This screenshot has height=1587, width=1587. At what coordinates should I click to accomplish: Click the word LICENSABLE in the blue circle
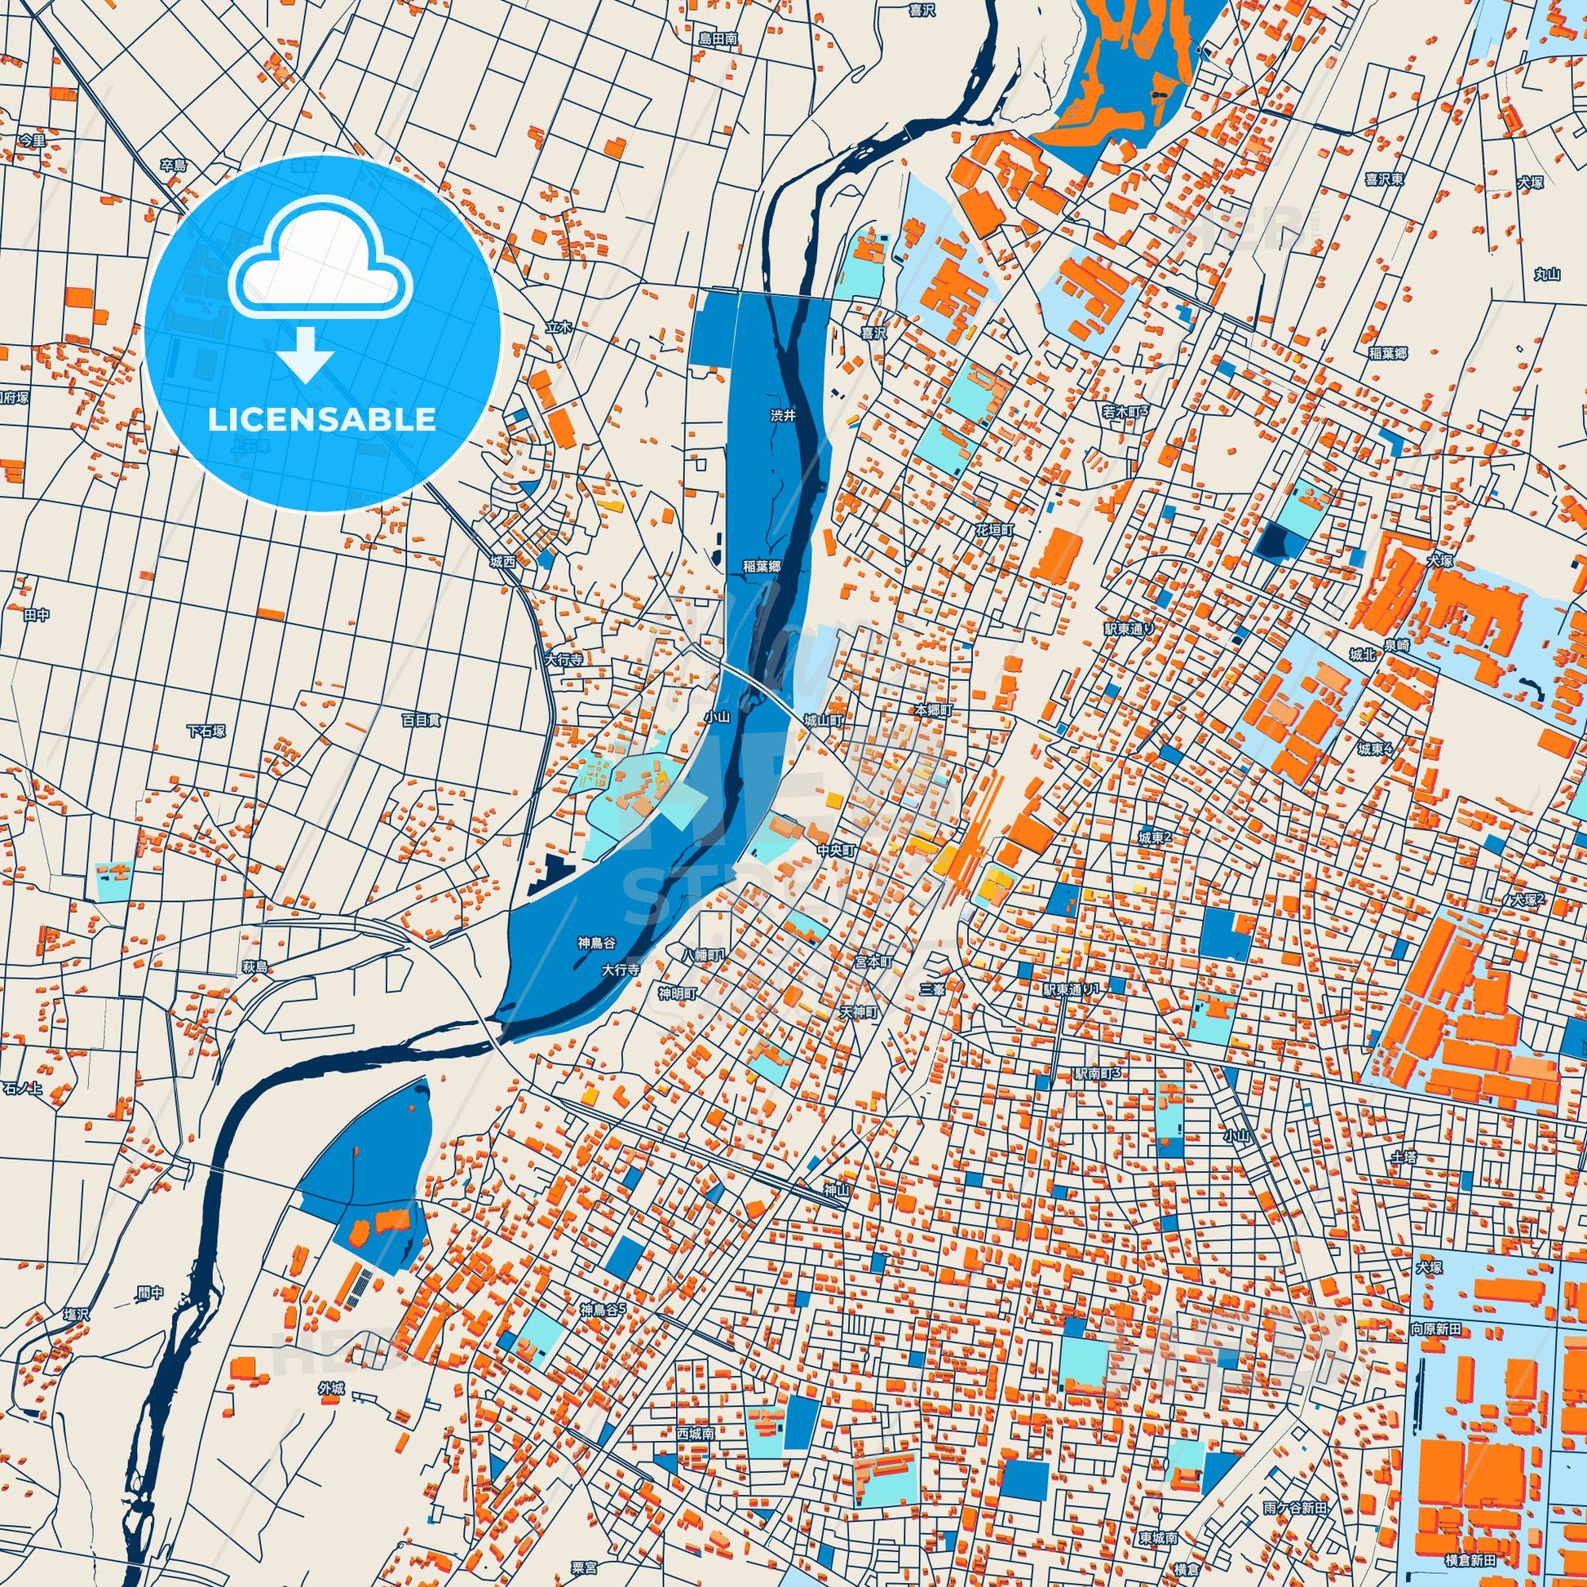click(x=321, y=420)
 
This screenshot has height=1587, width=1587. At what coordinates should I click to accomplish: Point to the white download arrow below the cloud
click(x=305, y=354)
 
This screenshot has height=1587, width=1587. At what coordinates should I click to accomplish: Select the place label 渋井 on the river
click(x=783, y=417)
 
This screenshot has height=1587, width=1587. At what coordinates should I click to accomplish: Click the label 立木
click(x=558, y=327)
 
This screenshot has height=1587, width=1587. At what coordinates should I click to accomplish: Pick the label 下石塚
click(x=206, y=731)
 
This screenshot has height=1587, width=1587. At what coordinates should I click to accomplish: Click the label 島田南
click(x=718, y=38)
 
